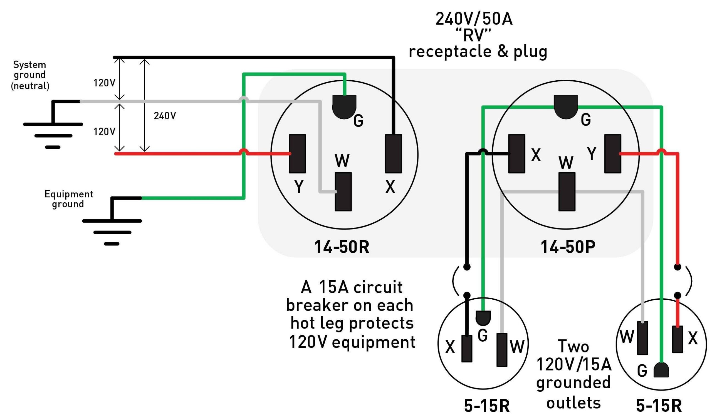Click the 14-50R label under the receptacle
point(342,247)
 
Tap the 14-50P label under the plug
point(568,247)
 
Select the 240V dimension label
point(165,115)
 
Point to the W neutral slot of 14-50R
point(343,192)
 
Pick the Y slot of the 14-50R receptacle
point(297,154)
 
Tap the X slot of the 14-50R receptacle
point(393,154)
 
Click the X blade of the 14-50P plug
point(516,154)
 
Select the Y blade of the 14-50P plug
point(613,154)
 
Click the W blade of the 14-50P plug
point(567,192)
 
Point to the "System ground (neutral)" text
point(30,75)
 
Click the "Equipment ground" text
point(68,199)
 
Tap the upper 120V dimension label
point(104,83)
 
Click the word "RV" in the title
point(473,36)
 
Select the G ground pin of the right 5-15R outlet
point(661,371)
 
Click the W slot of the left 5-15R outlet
point(502,350)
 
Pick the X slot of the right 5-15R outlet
point(677,339)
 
